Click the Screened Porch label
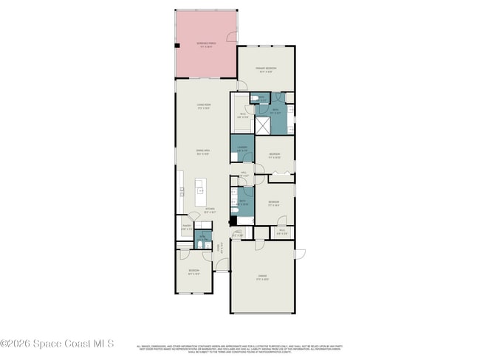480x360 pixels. point(206,44)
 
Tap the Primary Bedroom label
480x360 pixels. point(265,70)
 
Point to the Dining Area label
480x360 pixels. point(203,153)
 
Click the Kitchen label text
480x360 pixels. point(210,210)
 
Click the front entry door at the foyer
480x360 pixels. point(221,271)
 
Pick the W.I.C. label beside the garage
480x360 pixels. point(281,232)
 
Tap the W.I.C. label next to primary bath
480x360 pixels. point(241,114)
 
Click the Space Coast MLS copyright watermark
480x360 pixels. point(57,343)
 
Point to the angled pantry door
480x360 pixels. point(193,215)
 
